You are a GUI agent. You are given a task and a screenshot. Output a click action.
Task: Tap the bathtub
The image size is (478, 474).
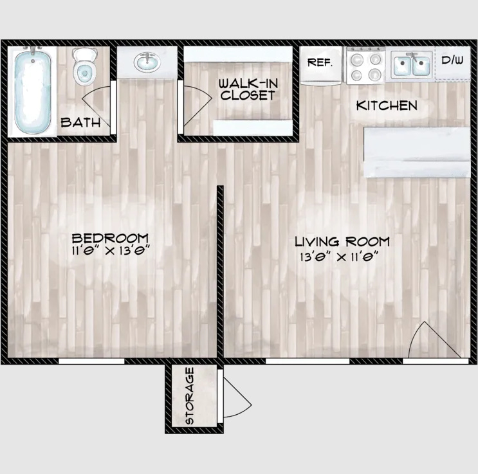(x=33, y=91)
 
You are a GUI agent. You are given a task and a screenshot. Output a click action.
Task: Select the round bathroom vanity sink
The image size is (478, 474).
(x=147, y=62)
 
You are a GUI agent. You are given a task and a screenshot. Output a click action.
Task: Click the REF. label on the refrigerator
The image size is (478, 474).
(x=320, y=62)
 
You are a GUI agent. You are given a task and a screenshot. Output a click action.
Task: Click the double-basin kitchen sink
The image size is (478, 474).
(x=412, y=64)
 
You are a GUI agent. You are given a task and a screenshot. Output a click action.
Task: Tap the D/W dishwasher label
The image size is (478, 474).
(x=452, y=60)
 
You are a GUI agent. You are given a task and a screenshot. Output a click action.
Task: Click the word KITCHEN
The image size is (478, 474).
(x=387, y=105)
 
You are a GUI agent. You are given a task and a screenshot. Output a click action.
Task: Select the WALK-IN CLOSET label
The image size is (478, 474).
(x=248, y=89)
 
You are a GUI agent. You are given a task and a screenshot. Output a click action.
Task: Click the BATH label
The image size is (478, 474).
(x=80, y=123)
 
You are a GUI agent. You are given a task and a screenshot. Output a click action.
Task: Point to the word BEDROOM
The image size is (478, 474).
(x=110, y=238)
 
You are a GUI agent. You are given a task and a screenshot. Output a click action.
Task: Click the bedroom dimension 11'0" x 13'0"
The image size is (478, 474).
(x=111, y=251)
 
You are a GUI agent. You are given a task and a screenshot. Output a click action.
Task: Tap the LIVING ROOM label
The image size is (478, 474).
(x=342, y=242)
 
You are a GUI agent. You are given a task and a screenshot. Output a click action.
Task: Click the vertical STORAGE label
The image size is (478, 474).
(x=189, y=396)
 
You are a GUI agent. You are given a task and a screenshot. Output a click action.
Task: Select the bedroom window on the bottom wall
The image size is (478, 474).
(x=91, y=361)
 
